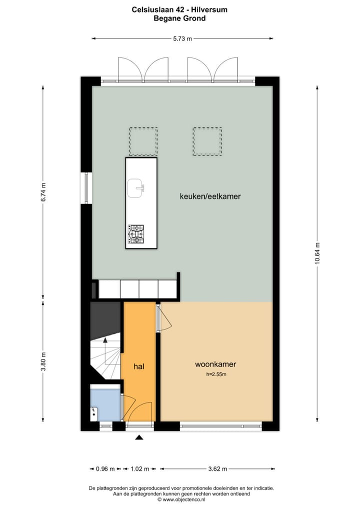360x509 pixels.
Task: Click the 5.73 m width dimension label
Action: click(x=182, y=38)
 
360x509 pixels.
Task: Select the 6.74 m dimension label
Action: click(x=43, y=192)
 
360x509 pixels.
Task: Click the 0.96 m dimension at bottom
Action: click(x=105, y=469)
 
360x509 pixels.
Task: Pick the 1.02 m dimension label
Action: click(x=139, y=469)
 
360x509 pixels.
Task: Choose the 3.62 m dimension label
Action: click(x=217, y=469)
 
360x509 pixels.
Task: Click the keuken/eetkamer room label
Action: click(x=210, y=196)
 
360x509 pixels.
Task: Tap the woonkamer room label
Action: click(x=215, y=364)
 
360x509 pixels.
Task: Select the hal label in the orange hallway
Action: click(x=139, y=366)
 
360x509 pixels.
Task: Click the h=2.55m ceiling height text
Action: click(x=216, y=374)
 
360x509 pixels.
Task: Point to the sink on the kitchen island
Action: click(x=136, y=188)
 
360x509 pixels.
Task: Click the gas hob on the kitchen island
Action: click(x=136, y=234)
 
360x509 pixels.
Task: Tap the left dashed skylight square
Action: click(x=143, y=141)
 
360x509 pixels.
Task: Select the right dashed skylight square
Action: click(x=207, y=141)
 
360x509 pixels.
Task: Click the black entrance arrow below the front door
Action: click(x=139, y=438)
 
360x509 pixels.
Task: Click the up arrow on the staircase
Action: click(x=105, y=341)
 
